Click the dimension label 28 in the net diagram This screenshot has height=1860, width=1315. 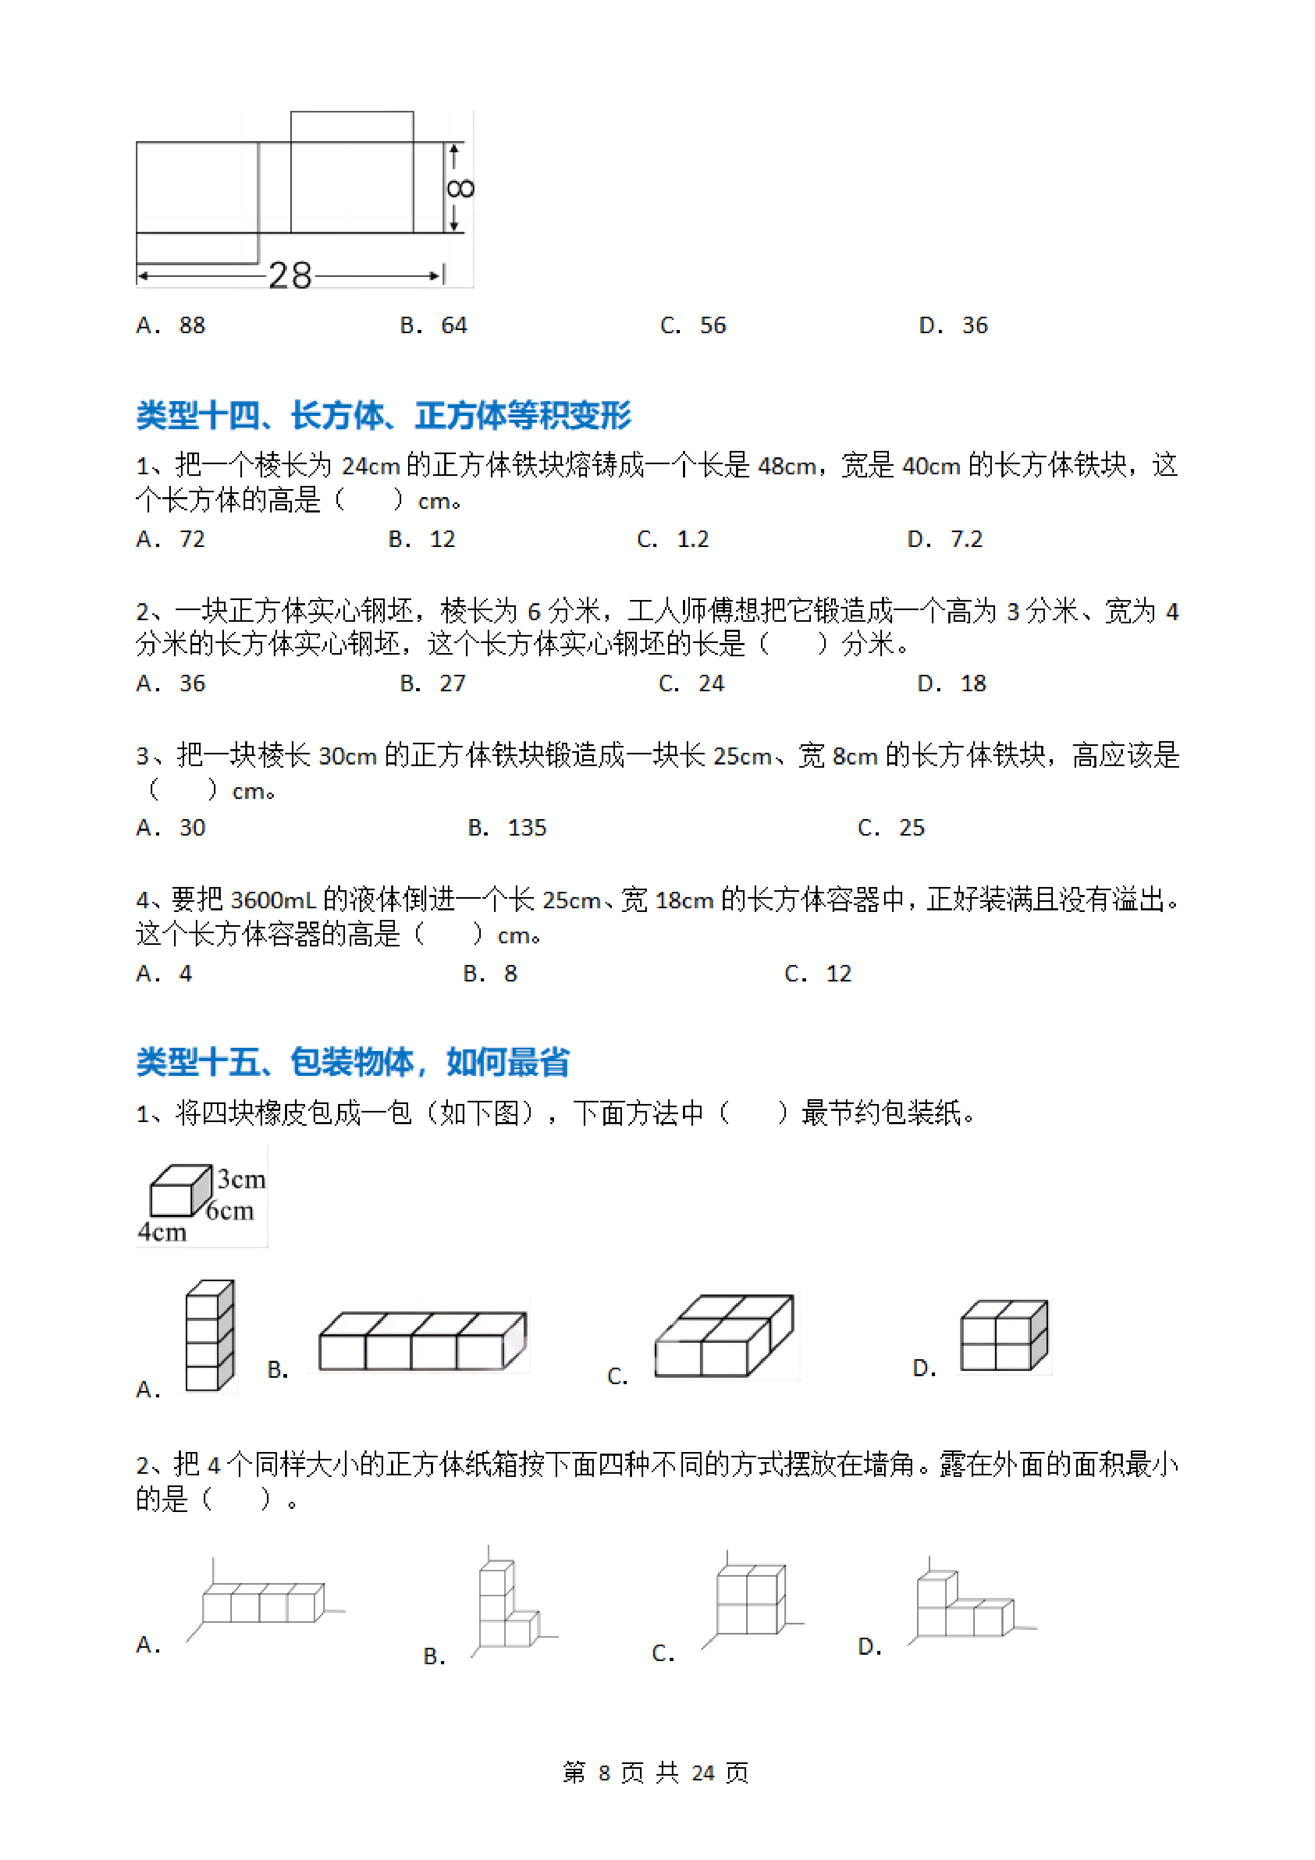tap(290, 275)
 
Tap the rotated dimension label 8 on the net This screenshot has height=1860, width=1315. tap(460, 188)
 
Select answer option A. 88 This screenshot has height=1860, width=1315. tap(171, 326)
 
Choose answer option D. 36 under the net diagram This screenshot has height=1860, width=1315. tap(954, 326)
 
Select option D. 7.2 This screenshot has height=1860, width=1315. tap(945, 540)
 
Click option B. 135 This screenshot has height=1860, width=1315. tap(507, 828)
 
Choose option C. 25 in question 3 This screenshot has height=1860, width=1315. tap(891, 828)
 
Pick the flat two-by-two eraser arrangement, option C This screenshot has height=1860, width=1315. tap(723, 1337)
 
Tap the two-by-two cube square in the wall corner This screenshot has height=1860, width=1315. tap(750, 1600)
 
